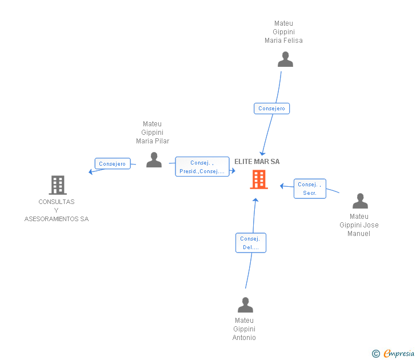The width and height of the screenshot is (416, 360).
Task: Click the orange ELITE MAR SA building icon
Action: [x=258, y=179]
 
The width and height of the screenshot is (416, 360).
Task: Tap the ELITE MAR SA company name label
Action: [x=257, y=162]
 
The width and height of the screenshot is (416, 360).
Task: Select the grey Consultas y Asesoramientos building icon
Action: [x=57, y=185]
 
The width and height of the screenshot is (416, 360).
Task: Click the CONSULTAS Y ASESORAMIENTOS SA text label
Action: [x=57, y=210]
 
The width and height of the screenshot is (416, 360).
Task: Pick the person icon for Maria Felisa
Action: [x=285, y=59]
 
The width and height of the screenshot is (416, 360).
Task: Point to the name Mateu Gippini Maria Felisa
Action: [x=283, y=32]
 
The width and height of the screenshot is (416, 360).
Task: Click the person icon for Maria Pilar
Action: [x=154, y=160]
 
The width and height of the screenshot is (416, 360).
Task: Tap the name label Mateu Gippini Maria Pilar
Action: [x=153, y=133]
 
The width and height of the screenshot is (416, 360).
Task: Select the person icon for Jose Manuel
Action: [x=360, y=201]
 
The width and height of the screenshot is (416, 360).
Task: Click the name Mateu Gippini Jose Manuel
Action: [x=359, y=225]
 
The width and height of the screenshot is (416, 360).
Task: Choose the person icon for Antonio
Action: [x=245, y=305]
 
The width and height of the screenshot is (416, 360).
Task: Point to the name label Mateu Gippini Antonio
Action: [x=244, y=329]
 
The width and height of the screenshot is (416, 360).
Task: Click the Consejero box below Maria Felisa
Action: [x=271, y=109]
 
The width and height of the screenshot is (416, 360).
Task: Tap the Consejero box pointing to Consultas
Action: [x=113, y=164]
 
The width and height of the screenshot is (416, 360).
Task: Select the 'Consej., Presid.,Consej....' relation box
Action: [x=202, y=167]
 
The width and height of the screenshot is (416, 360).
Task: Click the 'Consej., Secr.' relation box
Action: [x=310, y=189]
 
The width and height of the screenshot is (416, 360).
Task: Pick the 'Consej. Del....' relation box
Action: [x=251, y=243]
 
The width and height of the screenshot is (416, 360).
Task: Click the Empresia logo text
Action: [x=399, y=354]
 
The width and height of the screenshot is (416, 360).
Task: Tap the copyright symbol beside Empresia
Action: [x=376, y=354]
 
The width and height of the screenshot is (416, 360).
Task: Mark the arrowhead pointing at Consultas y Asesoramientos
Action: [x=91, y=171]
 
